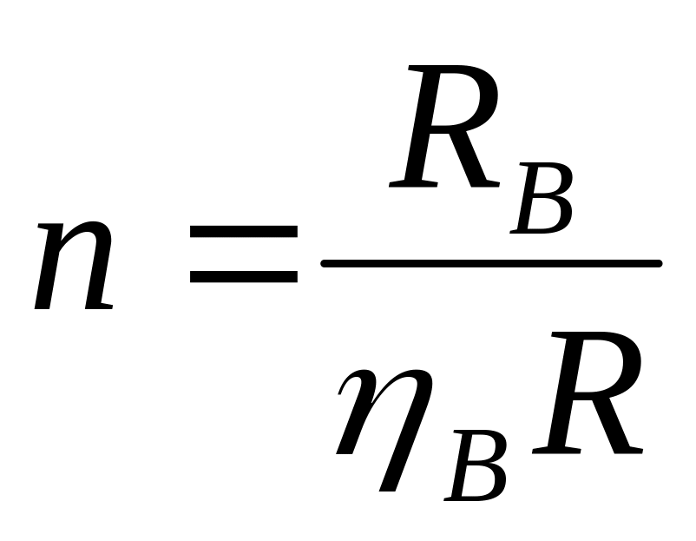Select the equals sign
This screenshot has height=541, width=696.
[244, 254]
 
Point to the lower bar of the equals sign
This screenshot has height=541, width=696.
[244, 276]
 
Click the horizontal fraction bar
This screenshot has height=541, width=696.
[491, 262]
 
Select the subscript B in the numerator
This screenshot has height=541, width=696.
[542, 202]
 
